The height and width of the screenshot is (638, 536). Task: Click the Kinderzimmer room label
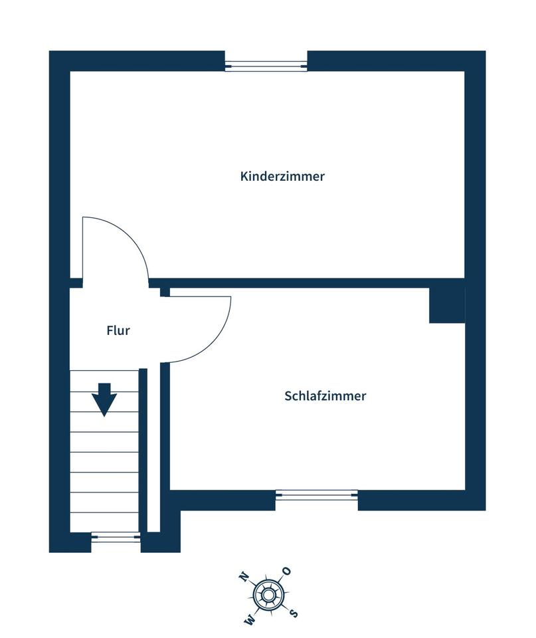click(x=282, y=177)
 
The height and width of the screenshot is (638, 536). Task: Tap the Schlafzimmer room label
click(x=325, y=396)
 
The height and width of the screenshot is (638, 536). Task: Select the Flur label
click(x=118, y=330)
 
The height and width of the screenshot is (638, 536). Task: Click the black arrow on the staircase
click(x=104, y=399)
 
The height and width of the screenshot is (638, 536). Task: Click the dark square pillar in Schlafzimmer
click(x=447, y=305)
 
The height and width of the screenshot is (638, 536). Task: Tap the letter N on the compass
click(x=244, y=576)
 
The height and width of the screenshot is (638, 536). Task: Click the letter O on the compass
click(x=287, y=571)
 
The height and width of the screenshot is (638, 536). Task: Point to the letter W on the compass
click(x=250, y=620)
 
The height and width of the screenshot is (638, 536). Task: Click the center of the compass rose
click(x=269, y=595)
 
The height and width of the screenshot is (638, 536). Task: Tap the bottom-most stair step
click(x=104, y=522)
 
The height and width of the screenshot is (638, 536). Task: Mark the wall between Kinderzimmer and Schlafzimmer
click(x=299, y=282)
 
